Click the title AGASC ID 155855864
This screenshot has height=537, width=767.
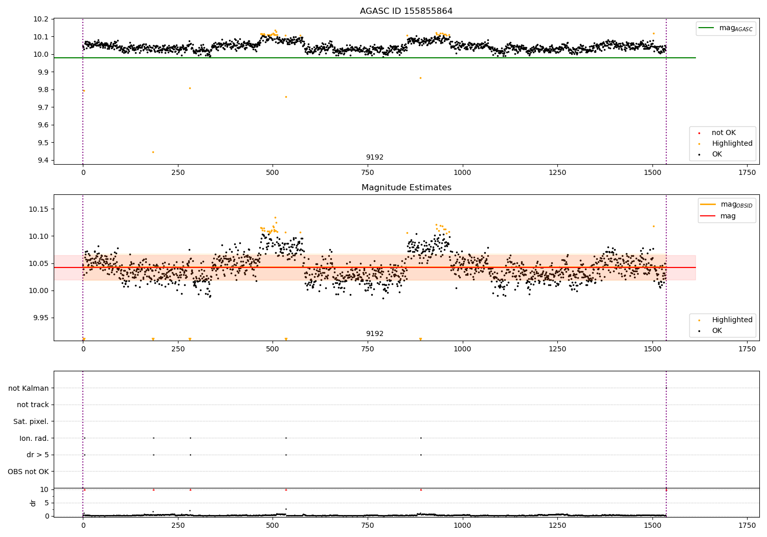pos(406,11)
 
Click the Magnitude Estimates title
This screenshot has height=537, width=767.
pos(407,187)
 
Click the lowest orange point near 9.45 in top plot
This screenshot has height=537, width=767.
pos(153,152)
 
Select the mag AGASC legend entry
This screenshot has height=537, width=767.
pos(726,28)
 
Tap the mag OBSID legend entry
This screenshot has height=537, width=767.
pos(726,205)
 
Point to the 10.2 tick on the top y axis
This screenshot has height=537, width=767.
pos(41,19)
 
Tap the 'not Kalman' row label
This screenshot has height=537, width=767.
pos(29,388)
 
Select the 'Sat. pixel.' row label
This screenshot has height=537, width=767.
pos(31,421)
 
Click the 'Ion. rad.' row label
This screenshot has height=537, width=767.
pos(34,438)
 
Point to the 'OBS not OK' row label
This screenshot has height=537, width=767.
pos(28,472)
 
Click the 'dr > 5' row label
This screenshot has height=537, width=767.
pos(38,455)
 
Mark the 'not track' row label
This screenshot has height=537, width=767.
pos(33,405)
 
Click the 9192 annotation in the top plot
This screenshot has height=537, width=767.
pos(375,157)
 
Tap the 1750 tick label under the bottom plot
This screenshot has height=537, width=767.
pos(747,525)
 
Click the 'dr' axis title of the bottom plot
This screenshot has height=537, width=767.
pos(33,503)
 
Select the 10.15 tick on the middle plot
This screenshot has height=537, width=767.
pos(39,209)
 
